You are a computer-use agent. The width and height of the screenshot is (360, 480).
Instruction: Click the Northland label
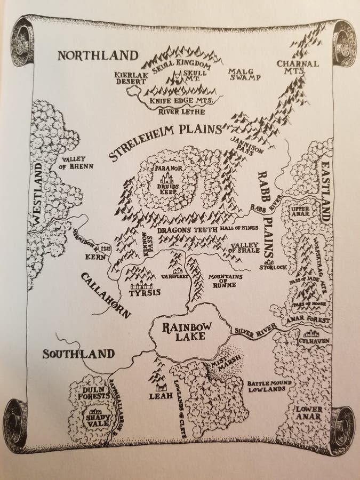click(98, 55)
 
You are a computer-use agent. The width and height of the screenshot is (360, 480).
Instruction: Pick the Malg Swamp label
click(244, 74)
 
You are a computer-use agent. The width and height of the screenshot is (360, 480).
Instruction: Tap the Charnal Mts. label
click(298, 68)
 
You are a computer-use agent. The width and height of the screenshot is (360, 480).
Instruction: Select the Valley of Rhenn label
click(77, 163)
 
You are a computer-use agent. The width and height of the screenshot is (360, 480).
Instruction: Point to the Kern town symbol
click(105, 247)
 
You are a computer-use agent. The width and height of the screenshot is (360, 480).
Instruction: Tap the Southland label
click(78, 354)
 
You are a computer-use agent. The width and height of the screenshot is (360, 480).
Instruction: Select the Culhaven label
click(315, 340)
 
